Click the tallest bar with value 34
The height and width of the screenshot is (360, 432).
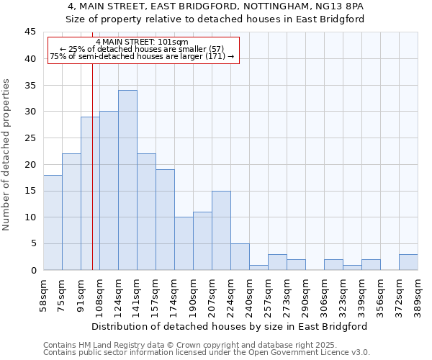pyautogui.click(x=127, y=180)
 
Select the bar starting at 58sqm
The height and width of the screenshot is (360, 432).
pyautogui.click(x=53, y=222)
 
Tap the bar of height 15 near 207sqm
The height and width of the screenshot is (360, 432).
pyautogui.click(x=221, y=230)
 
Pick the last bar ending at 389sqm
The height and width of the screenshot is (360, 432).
pyautogui.click(x=408, y=262)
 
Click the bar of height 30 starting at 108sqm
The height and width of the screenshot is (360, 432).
pyautogui.click(x=109, y=191)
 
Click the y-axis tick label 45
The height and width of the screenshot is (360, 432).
pyautogui.click(x=30, y=32)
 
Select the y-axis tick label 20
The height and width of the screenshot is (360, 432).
pyautogui.click(x=30, y=164)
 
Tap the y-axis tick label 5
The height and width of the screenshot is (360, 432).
pyautogui.click(x=32, y=243)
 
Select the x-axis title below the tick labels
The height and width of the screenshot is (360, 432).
pyautogui.click(x=230, y=326)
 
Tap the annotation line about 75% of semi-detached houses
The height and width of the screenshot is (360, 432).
pyautogui.click(x=142, y=56)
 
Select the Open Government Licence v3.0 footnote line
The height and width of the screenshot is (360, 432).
pyautogui.click(x=207, y=353)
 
